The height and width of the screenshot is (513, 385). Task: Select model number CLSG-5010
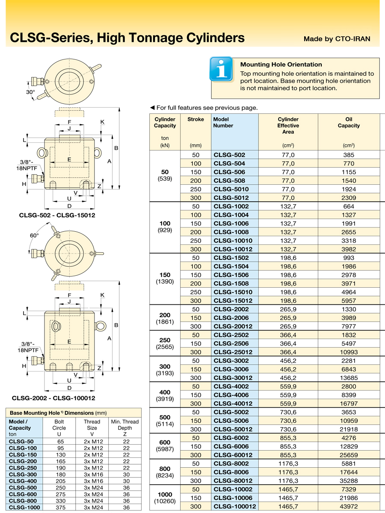pos(231,189)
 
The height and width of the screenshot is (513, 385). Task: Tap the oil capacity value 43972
pos(349,507)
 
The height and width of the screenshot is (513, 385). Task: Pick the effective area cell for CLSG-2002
pos(288,309)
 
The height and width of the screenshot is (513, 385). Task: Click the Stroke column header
pos(195,119)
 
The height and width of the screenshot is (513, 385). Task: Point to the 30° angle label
pos(30,92)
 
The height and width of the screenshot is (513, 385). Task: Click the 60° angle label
pos(34,236)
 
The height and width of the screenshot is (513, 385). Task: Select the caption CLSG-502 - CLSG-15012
pos(57,215)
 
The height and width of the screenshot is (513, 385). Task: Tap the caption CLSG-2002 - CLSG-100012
pos(53,398)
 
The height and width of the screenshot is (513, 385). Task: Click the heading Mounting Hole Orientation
pos(281,65)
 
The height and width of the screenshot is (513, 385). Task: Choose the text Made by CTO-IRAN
pos(337,39)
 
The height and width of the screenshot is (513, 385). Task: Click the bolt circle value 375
pos(59,507)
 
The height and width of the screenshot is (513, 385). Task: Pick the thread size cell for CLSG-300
pos(92,475)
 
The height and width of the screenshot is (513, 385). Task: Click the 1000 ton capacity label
pos(165,494)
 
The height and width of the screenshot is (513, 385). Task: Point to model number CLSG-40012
pos(233,404)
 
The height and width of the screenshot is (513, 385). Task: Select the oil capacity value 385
pos(349,155)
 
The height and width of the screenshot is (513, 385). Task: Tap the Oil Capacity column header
pos(349,123)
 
